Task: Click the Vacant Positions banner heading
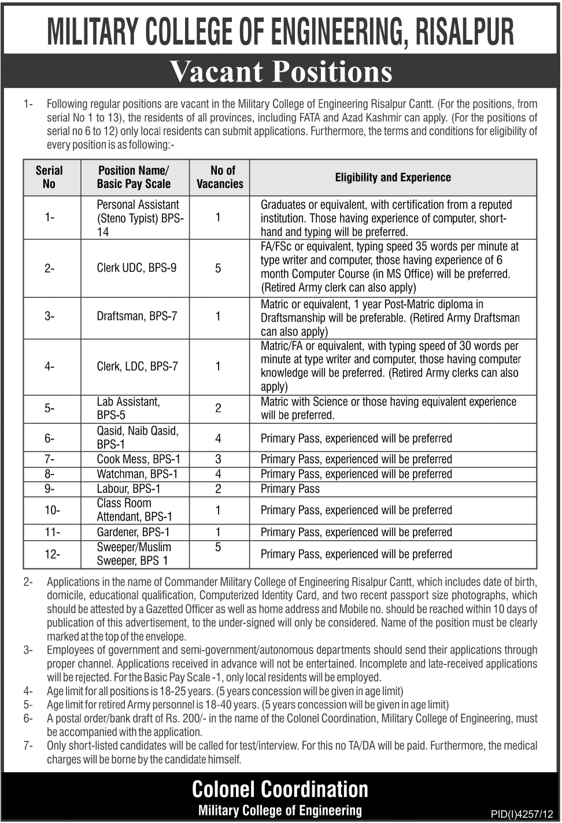[x=281, y=72]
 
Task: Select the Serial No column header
[x=49, y=177]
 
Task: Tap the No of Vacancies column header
[x=220, y=177]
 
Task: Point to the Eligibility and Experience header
[x=393, y=178]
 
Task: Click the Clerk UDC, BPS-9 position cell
[x=136, y=268]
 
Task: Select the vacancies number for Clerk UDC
[x=218, y=268]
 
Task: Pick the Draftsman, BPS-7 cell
[x=137, y=316]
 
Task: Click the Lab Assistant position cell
[x=128, y=408]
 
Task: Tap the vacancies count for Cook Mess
[x=218, y=459]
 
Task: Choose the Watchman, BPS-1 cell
[x=137, y=474]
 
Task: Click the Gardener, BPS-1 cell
[x=133, y=532]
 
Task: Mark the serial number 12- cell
[x=52, y=554]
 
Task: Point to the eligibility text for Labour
[x=290, y=489]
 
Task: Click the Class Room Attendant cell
[x=134, y=510]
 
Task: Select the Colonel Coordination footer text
[x=280, y=789]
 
